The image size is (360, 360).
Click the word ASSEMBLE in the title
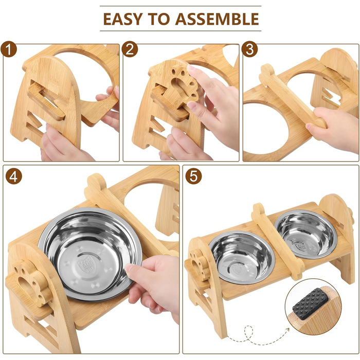(217, 19)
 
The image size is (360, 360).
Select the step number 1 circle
(9, 49)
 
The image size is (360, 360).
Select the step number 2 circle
(130, 49)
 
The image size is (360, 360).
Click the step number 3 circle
(250, 49)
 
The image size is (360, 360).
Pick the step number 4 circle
(14, 176)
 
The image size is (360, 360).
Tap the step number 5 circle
(193, 176)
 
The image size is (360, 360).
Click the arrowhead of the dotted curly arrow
(287, 330)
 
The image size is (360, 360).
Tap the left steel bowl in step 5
(242, 257)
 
